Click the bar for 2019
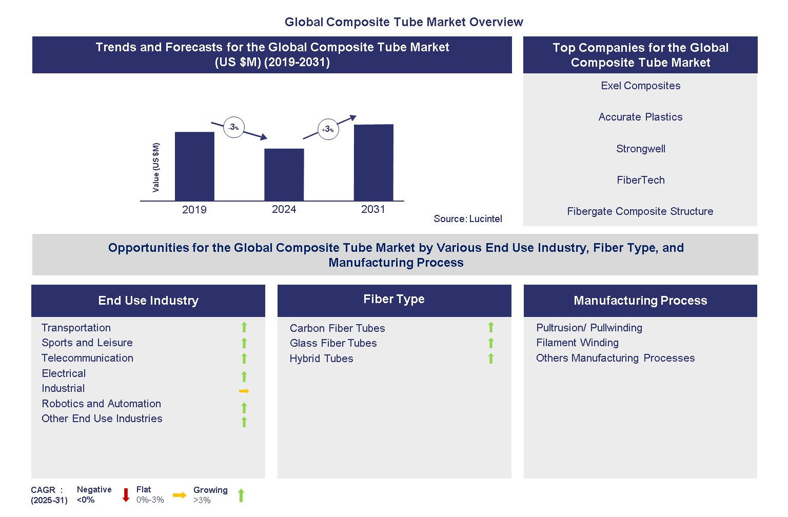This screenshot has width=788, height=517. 194,166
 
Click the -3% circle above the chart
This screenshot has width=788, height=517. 234,127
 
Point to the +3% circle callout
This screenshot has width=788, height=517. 328,129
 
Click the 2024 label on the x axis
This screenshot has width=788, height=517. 284,209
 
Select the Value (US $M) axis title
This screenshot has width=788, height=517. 156,167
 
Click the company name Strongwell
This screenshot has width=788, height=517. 641,149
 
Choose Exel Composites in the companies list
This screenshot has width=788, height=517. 641,86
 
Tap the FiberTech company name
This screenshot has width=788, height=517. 641,180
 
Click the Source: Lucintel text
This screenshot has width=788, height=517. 468,219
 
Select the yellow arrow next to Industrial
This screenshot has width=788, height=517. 244,391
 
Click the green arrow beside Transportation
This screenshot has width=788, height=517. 244,327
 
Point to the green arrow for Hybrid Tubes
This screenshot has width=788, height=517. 491,359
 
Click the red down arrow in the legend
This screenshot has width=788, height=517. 126,495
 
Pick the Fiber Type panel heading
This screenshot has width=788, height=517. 394,300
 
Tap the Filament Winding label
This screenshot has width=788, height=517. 577,343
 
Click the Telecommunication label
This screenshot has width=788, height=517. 87,358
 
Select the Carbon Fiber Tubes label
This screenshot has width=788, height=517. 337,328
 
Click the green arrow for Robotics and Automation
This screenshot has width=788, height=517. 244,408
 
